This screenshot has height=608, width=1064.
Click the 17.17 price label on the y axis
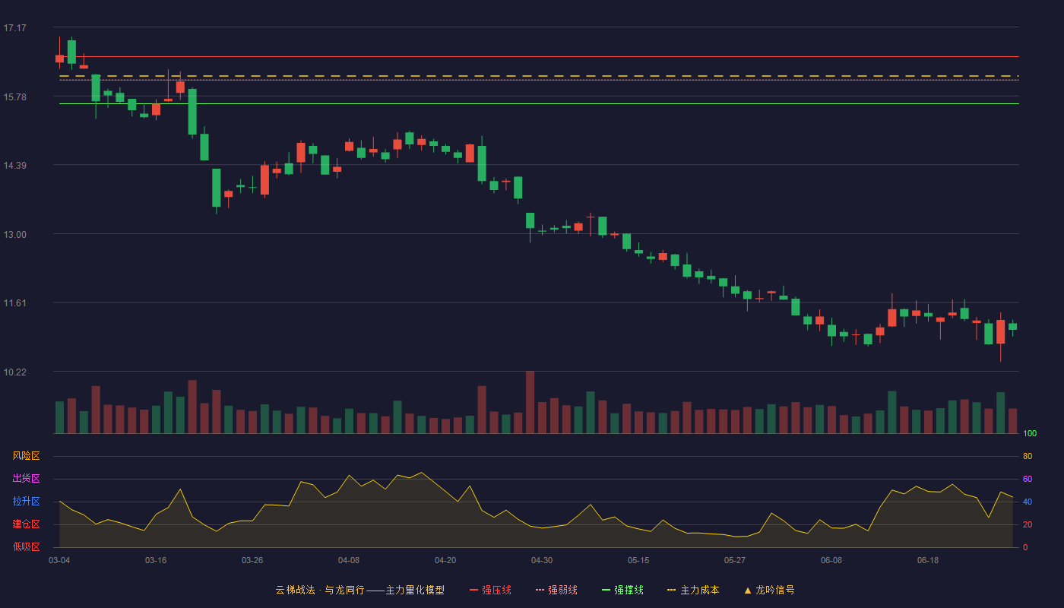coord(14,28)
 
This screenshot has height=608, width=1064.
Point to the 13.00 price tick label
coord(14,235)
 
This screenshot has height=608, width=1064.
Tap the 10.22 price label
coord(14,372)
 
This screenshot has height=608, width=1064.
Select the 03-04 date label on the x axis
coord(59,561)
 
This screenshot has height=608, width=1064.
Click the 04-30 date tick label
coord(542,561)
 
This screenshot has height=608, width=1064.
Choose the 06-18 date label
coord(928,561)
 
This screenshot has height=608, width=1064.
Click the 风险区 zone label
coord(26,456)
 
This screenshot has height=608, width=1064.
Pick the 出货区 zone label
coord(26,478)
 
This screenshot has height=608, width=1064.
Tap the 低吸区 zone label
coord(26,546)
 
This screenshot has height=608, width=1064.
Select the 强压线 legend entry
coord(490,590)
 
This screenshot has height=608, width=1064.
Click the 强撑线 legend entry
coord(622,590)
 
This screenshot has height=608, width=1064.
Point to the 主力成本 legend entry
coord(693,590)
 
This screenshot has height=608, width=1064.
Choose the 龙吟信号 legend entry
coord(769,590)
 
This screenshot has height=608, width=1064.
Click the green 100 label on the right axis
coord(1030,433)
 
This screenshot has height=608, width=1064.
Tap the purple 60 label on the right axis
coord(1028,479)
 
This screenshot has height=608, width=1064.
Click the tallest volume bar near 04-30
coord(530,402)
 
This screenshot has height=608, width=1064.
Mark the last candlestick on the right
coord(1012,328)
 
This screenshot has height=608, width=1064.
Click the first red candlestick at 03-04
coord(59,59)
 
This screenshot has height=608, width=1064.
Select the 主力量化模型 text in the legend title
coord(415,590)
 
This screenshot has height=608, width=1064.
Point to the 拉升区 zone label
coord(26,501)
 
